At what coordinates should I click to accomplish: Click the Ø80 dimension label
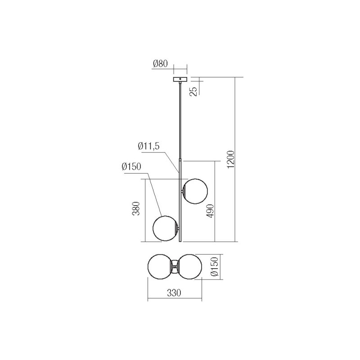point(160,64)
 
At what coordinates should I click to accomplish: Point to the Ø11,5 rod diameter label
point(149,146)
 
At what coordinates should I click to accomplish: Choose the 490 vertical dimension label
point(210,211)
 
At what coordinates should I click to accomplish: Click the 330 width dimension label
point(174,293)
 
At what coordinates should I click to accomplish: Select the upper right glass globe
point(194,191)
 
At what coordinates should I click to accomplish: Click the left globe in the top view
point(160,267)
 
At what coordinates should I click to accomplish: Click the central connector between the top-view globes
point(175,267)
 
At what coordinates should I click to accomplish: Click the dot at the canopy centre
point(180,79)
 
